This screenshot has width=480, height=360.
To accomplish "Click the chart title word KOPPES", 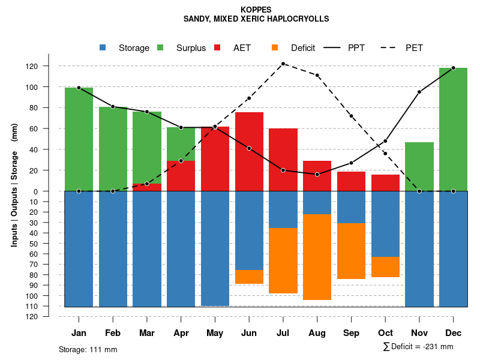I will pos(256,10).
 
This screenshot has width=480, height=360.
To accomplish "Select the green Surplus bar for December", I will pos(453,129).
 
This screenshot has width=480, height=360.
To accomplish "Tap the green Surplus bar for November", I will pos(419,166).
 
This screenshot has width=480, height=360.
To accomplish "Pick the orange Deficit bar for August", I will pos(317,257).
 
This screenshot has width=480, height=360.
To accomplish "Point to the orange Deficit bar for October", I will pos(385,267).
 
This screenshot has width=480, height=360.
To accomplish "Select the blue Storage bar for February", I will pos(113,249).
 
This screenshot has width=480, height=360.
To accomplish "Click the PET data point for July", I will pos(283,64).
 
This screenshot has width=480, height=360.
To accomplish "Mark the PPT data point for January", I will pos(79,88).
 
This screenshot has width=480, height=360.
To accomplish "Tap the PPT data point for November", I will pos(419,92).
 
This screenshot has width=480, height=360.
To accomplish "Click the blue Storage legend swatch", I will pos(103,48).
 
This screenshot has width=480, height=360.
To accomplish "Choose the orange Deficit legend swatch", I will pos(275,48).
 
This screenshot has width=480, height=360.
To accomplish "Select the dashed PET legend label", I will pos(414,48).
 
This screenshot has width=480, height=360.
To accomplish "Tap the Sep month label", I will pos(352,332).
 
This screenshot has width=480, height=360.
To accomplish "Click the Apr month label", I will pos(181,332).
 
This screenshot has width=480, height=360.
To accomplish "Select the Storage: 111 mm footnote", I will pos(88,349).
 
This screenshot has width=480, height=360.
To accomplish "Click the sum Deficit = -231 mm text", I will pos(418,347).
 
